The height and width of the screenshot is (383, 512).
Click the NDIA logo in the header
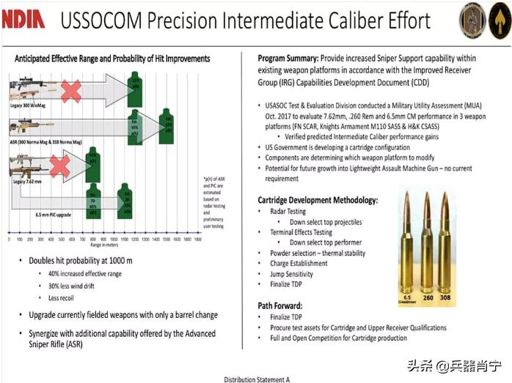click(x=23, y=20)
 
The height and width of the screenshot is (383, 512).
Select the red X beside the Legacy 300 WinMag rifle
click(x=70, y=91)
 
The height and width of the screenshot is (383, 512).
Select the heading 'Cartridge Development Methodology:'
click(x=318, y=200)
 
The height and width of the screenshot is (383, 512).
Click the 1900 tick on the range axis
click(x=198, y=239)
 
